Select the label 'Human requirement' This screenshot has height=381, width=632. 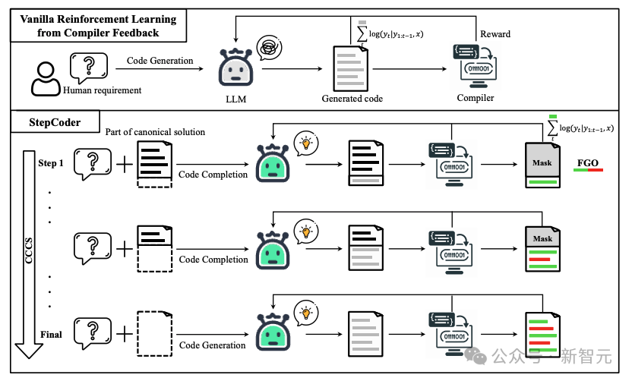(x=103, y=90)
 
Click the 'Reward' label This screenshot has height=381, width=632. (x=495, y=34)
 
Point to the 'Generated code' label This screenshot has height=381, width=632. (x=352, y=99)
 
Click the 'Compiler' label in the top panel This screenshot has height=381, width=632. (x=476, y=98)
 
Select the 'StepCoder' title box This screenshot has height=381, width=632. (x=55, y=121)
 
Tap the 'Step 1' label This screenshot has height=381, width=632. (x=52, y=163)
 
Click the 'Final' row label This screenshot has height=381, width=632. (x=51, y=334)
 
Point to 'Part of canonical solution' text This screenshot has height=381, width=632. (x=155, y=132)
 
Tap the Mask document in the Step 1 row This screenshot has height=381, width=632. (x=542, y=164)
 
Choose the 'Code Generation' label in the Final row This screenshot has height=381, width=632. (x=213, y=345)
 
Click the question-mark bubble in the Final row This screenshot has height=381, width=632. (x=93, y=332)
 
